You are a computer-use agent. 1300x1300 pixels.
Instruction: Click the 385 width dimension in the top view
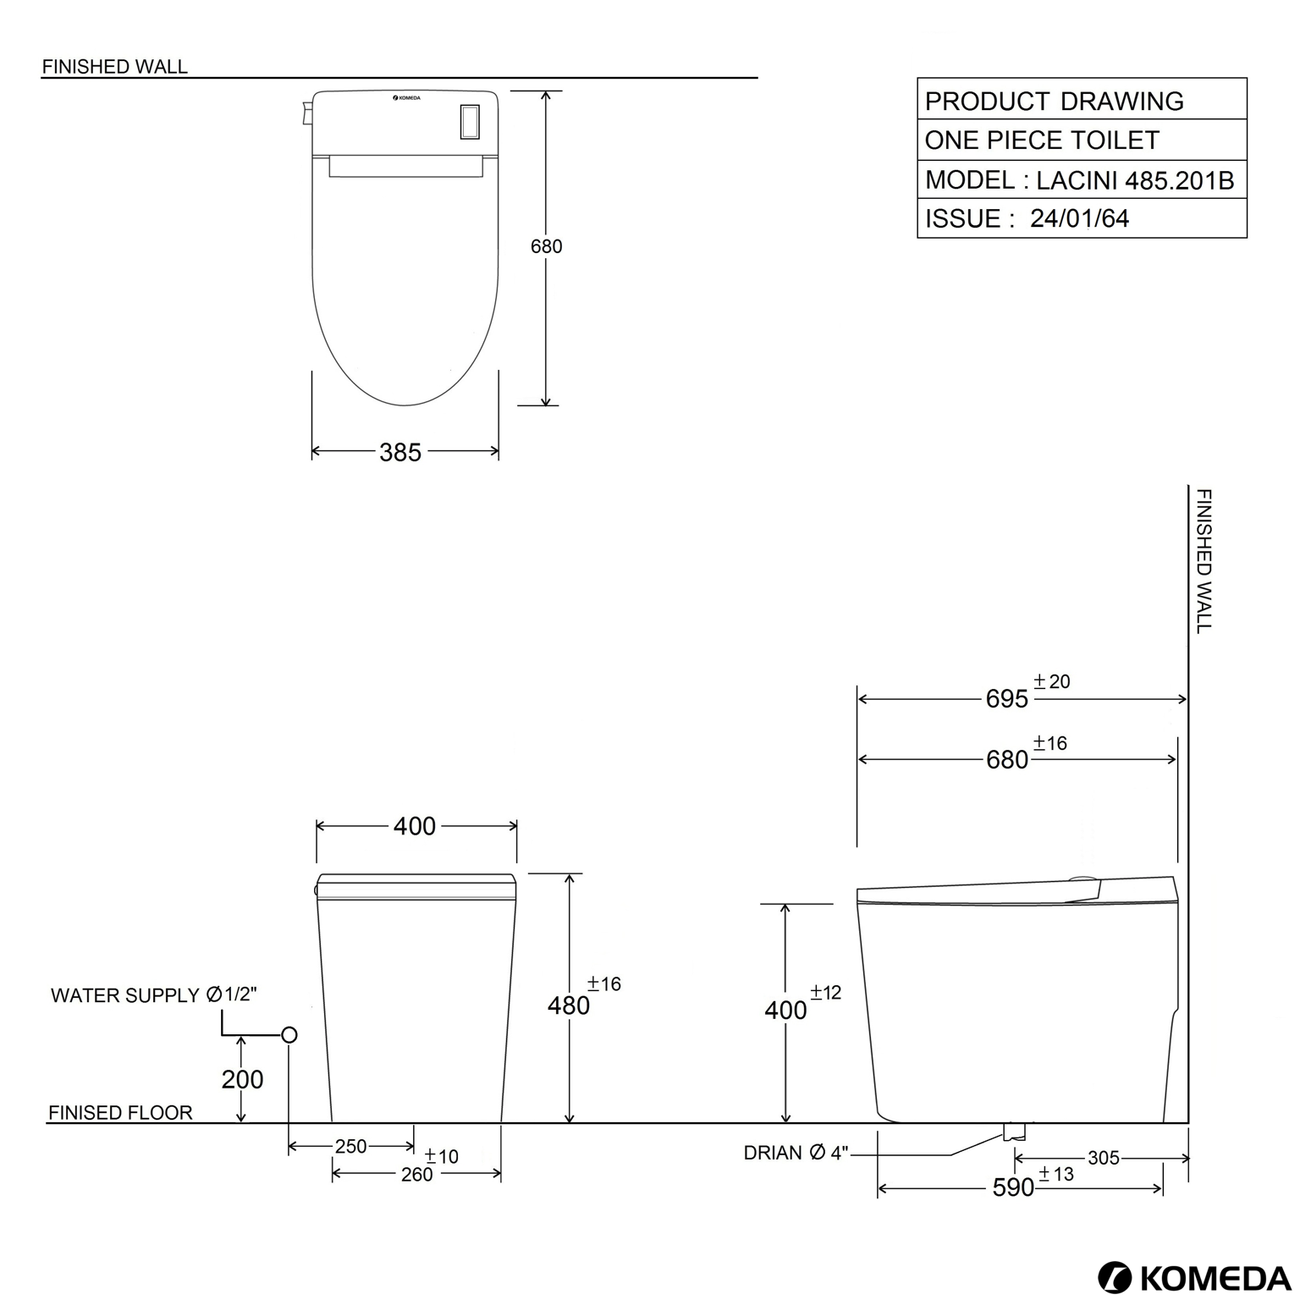(x=400, y=453)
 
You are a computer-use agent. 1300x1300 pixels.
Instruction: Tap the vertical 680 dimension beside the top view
(x=546, y=246)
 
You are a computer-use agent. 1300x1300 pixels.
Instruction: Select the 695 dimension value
(x=1007, y=699)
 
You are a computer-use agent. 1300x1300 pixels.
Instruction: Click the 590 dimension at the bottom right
(x=1013, y=1188)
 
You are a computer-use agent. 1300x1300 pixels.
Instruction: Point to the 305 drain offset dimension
(x=1103, y=1158)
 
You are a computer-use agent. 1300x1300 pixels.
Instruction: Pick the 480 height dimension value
(x=569, y=1005)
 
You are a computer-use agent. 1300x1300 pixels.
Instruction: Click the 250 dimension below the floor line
(x=350, y=1147)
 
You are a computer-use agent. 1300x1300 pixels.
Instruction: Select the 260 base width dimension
(x=416, y=1175)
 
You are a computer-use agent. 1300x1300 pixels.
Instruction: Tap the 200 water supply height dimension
(x=242, y=1080)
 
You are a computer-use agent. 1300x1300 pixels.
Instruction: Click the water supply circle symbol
(x=289, y=1035)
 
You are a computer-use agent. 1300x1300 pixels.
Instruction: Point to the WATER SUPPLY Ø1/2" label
(x=153, y=995)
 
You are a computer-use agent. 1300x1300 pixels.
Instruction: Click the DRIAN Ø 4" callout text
(x=796, y=1153)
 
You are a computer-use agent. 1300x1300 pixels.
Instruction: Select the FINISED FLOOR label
(x=120, y=1113)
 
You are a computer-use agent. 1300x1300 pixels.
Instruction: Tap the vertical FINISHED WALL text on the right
(x=1204, y=560)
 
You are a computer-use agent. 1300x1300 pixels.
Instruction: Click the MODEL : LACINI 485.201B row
(x=1080, y=180)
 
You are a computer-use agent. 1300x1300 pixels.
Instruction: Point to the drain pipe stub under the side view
(x=1014, y=1131)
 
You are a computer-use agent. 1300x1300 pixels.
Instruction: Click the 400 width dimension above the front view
(x=415, y=826)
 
